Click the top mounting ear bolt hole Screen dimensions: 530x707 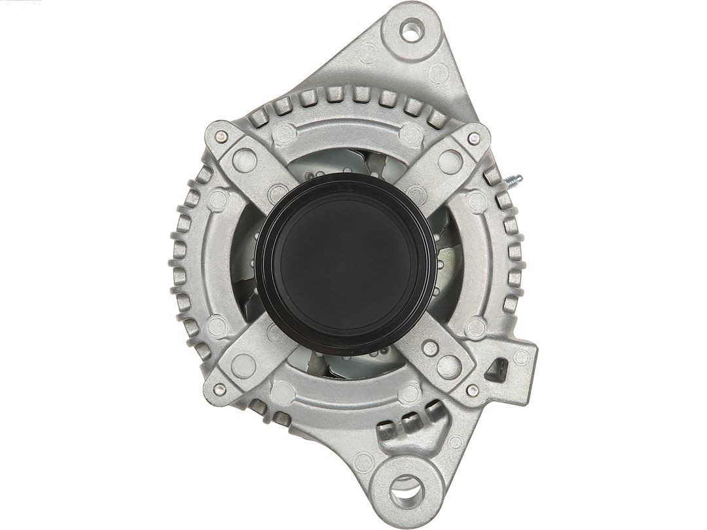tap(410, 29)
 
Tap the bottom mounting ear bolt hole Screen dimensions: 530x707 tap(407, 488)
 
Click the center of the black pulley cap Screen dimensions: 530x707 tap(346, 264)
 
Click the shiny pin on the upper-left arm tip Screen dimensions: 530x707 tap(221, 137)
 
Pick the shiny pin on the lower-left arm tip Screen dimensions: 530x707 tap(219, 389)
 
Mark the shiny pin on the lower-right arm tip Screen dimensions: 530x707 tap(471, 390)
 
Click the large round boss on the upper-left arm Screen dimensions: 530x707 tap(244, 160)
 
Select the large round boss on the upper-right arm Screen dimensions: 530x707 tap(450, 160)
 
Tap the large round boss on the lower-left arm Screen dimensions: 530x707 tap(244, 365)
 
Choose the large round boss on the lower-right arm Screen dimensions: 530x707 tap(449, 366)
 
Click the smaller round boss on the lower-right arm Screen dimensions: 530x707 tap(430, 348)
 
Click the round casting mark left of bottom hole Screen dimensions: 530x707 tap(364, 463)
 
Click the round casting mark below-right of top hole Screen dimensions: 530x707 tap(438, 74)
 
